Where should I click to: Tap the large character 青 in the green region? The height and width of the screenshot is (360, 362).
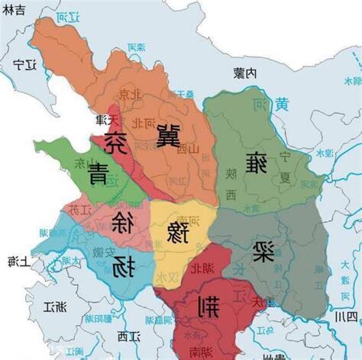coord(98,173)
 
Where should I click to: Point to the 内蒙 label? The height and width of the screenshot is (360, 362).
coord(244,72)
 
